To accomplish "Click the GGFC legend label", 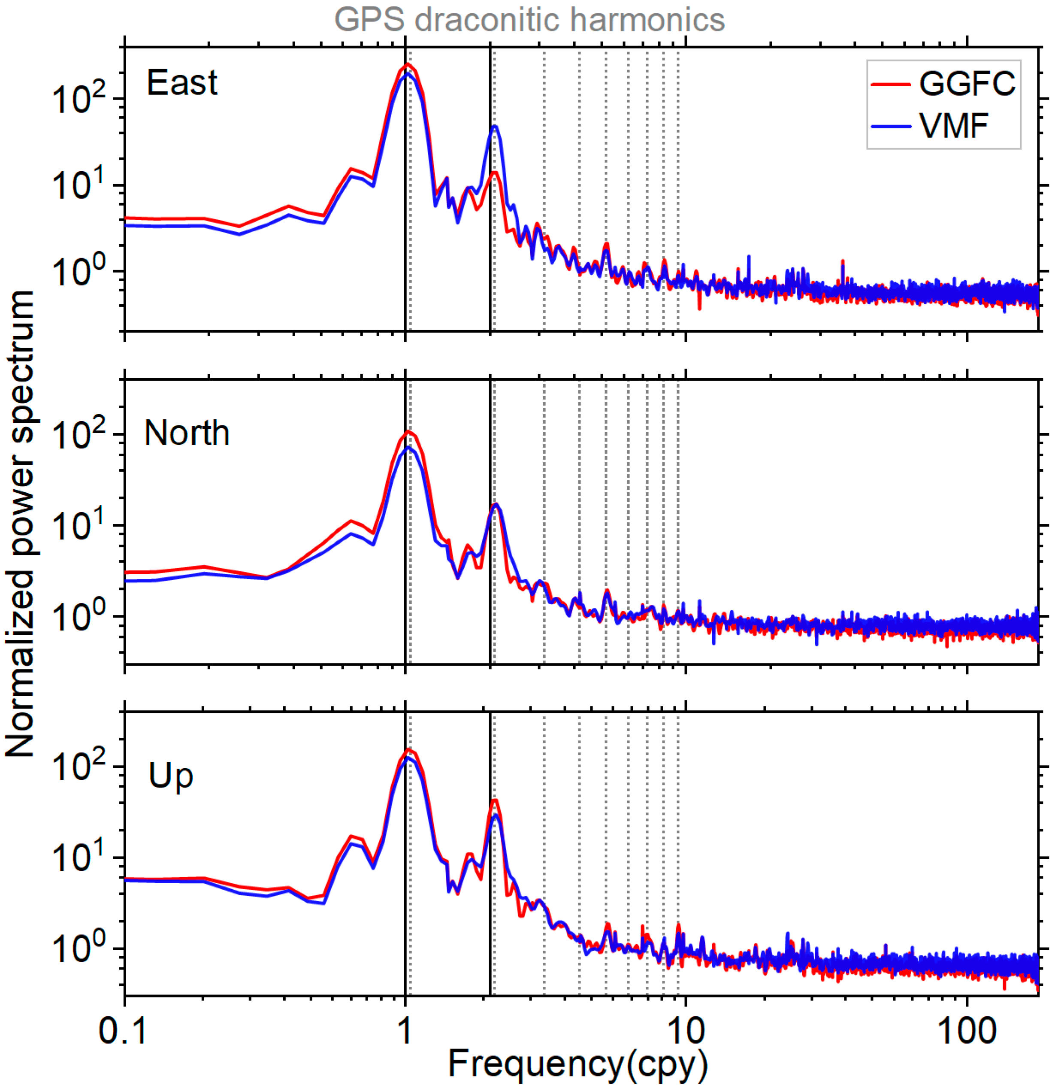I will tap(967, 84).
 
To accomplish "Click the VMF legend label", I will tap(954, 126).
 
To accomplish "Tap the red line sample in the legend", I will tap(891, 85).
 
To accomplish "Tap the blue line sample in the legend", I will tap(891, 126).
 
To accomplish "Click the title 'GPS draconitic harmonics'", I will tap(529, 20).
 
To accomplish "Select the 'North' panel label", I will tap(186, 433).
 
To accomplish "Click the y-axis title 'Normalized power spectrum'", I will tap(20, 523).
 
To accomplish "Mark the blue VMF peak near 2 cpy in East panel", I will tap(494, 126).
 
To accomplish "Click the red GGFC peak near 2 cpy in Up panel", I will tap(494, 800).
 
